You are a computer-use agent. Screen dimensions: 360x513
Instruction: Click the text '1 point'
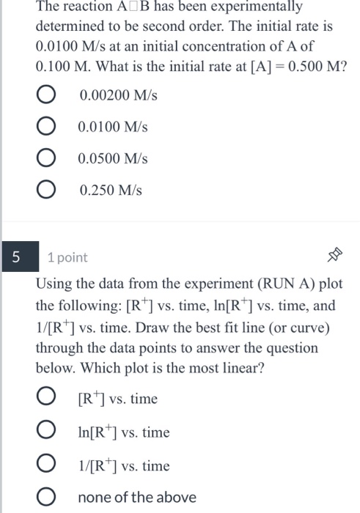click(x=67, y=257)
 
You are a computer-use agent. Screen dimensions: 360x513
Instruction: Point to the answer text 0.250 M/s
click(x=111, y=191)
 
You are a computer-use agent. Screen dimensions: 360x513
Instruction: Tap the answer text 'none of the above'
click(x=137, y=498)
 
